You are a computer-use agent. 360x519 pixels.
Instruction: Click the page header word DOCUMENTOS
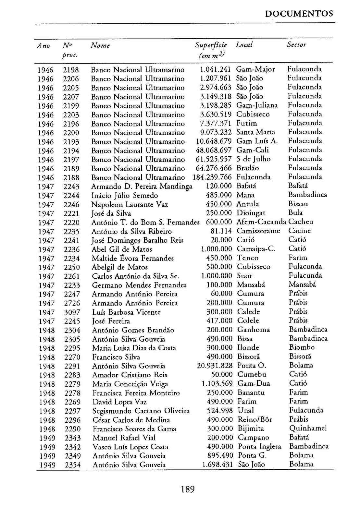click(x=299, y=14)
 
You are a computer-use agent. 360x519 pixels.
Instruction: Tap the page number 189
click(x=188, y=489)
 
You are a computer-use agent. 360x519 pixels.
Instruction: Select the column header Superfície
click(x=211, y=45)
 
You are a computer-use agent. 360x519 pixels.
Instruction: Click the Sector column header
click(x=296, y=44)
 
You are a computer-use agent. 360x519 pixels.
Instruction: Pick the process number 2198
click(x=71, y=70)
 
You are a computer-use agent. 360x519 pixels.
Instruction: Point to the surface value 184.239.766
click(x=212, y=177)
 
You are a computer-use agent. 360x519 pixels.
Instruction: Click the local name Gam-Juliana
click(x=257, y=105)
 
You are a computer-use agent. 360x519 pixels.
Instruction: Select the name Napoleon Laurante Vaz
click(x=130, y=204)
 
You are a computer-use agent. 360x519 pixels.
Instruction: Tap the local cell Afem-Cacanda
click(x=261, y=222)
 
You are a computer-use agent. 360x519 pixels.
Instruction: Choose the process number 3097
click(x=72, y=312)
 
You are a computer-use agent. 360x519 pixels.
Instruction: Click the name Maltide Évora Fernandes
click(x=133, y=258)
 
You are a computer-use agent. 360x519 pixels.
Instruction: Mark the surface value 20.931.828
click(x=215, y=366)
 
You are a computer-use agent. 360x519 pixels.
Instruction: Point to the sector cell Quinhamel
click(x=308, y=428)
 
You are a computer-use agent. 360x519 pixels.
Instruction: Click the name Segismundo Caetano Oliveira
click(x=141, y=411)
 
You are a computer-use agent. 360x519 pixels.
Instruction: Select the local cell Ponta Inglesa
click(x=259, y=446)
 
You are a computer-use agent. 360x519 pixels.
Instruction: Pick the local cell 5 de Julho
click(x=254, y=159)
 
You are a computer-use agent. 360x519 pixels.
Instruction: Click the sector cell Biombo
click(x=302, y=347)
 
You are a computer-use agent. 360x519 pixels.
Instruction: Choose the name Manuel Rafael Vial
click(x=124, y=438)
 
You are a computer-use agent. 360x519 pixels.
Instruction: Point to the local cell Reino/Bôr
click(x=255, y=419)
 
